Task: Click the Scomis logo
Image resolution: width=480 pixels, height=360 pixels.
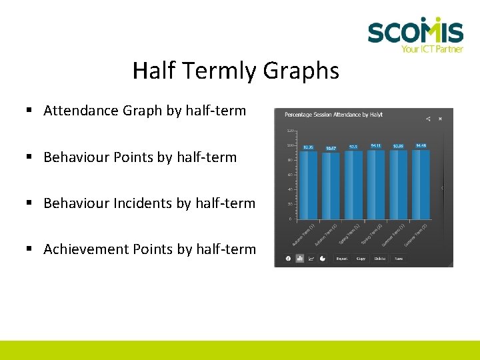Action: pos(415,33)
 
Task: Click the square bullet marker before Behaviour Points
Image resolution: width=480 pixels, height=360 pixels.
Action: pos(30,157)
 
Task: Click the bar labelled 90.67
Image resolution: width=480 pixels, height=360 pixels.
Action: pos(331,185)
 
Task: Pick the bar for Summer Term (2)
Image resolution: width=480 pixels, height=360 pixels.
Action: pos(421,184)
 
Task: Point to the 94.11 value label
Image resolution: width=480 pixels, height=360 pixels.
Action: pos(376,145)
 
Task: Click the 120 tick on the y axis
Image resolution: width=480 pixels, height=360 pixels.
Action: pos(291,131)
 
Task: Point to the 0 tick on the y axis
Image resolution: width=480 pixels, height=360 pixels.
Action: pos(291,219)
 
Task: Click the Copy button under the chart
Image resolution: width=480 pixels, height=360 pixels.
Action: pos(361,259)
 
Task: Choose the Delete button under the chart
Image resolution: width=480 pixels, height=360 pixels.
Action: pos(379,259)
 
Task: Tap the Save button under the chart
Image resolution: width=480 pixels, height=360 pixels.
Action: pos(398,259)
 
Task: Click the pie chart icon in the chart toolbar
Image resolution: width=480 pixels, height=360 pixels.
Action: pos(323,259)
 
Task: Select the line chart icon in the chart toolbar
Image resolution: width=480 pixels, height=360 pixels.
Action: pos(311,259)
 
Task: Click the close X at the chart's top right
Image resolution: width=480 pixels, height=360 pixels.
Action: pos(441,119)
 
